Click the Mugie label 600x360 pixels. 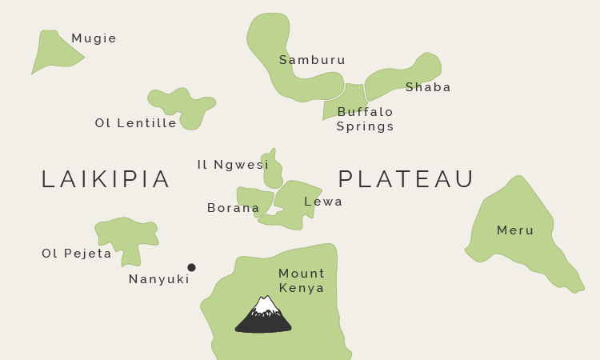pyautogui.click(x=94, y=38)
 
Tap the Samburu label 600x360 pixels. pyautogui.click(x=312, y=60)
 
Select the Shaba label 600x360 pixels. pyautogui.click(x=428, y=87)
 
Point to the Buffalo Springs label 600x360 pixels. pyautogui.click(x=365, y=119)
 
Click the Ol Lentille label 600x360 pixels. pyautogui.click(x=136, y=123)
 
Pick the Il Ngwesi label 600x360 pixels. pyautogui.click(x=233, y=165)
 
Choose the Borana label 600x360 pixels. pyautogui.click(x=234, y=208)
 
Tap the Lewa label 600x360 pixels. pyautogui.click(x=323, y=202)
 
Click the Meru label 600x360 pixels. pyautogui.click(x=515, y=230)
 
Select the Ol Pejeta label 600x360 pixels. pyautogui.click(x=77, y=254)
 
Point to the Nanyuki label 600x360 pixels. pyautogui.click(x=159, y=279)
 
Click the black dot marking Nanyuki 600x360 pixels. pyautogui.click(x=191, y=267)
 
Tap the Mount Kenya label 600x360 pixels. pyautogui.click(x=302, y=281)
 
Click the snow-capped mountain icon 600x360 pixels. pyautogui.click(x=263, y=315)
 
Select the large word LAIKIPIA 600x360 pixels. pyautogui.click(x=106, y=179)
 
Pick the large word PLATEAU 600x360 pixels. pyautogui.click(x=406, y=179)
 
